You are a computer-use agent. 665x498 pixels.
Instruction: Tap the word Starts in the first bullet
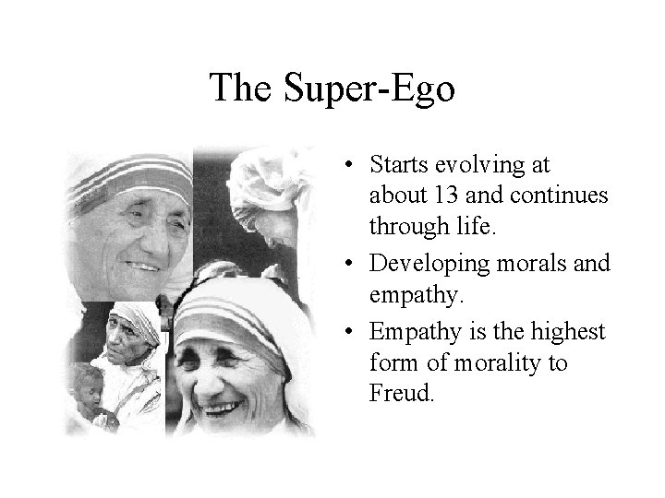pos(398,165)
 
